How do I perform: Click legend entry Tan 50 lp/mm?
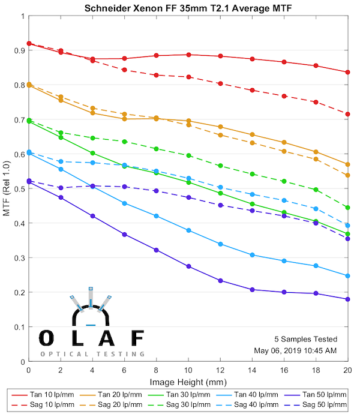click(x=323, y=394)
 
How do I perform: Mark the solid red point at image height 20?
click(x=348, y=72)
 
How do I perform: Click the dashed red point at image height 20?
click(x=348, y=114)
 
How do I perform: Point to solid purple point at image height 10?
click(x=188, y=266)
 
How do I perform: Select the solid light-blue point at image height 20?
click(x=348, y=276)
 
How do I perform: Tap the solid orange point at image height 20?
click(x=348, y=164)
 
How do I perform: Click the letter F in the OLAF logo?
click(x=138, y=338)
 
